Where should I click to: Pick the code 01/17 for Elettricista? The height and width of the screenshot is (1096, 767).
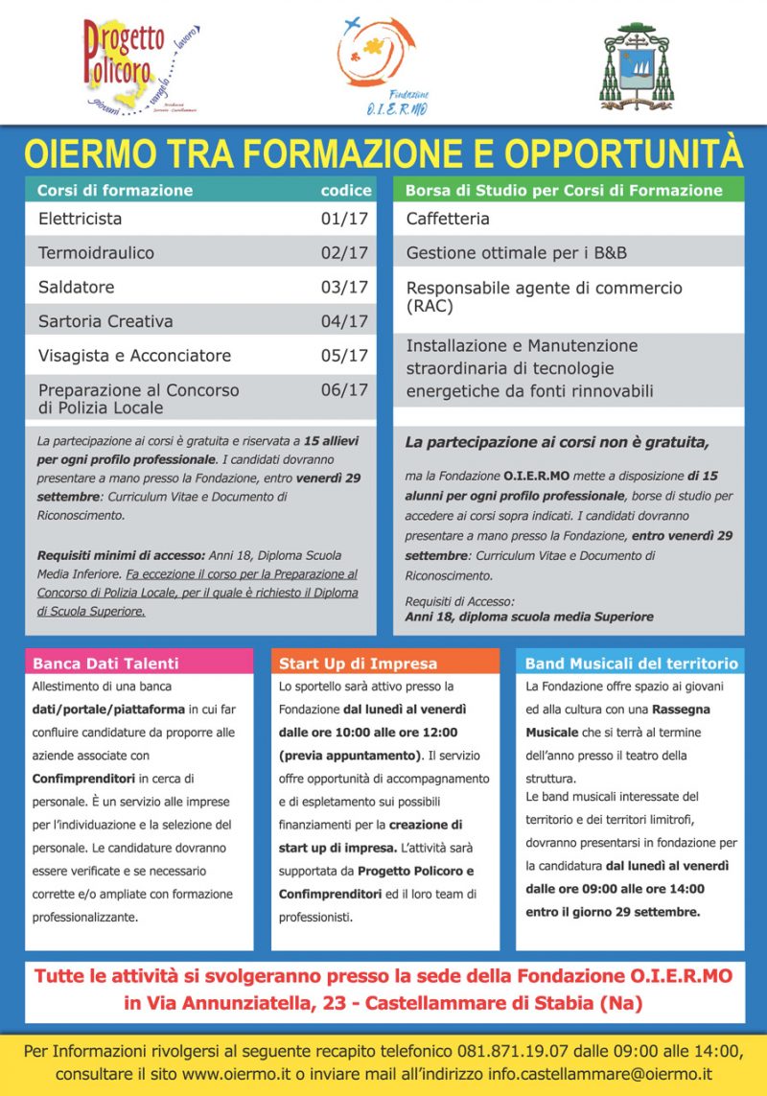click(x=344, y=219)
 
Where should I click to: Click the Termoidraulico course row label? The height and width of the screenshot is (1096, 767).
click(x=96, y=253)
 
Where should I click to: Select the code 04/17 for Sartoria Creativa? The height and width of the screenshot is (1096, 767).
click(x=344, y=321)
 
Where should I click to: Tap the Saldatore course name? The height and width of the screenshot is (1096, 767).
click(x=76, y=287)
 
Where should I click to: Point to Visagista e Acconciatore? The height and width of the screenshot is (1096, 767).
click(x=134, y=356)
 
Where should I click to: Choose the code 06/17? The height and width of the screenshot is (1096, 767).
click(x=344, y=389)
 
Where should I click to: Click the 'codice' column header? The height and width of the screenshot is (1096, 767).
click(x=345, y=190)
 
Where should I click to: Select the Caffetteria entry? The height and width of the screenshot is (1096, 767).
click(x=448, y=219)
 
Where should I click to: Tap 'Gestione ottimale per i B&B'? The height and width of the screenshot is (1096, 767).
click(x=517, y=253)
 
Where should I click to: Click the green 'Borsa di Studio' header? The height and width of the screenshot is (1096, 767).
click(x=564, y=190)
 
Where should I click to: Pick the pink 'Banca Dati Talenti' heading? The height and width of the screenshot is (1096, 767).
click(x=105, y=663)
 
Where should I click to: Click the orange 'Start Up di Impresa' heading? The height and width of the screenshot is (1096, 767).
click(x=358, y=663)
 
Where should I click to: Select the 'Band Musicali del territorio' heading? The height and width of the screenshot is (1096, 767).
click(x=631, y=663)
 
